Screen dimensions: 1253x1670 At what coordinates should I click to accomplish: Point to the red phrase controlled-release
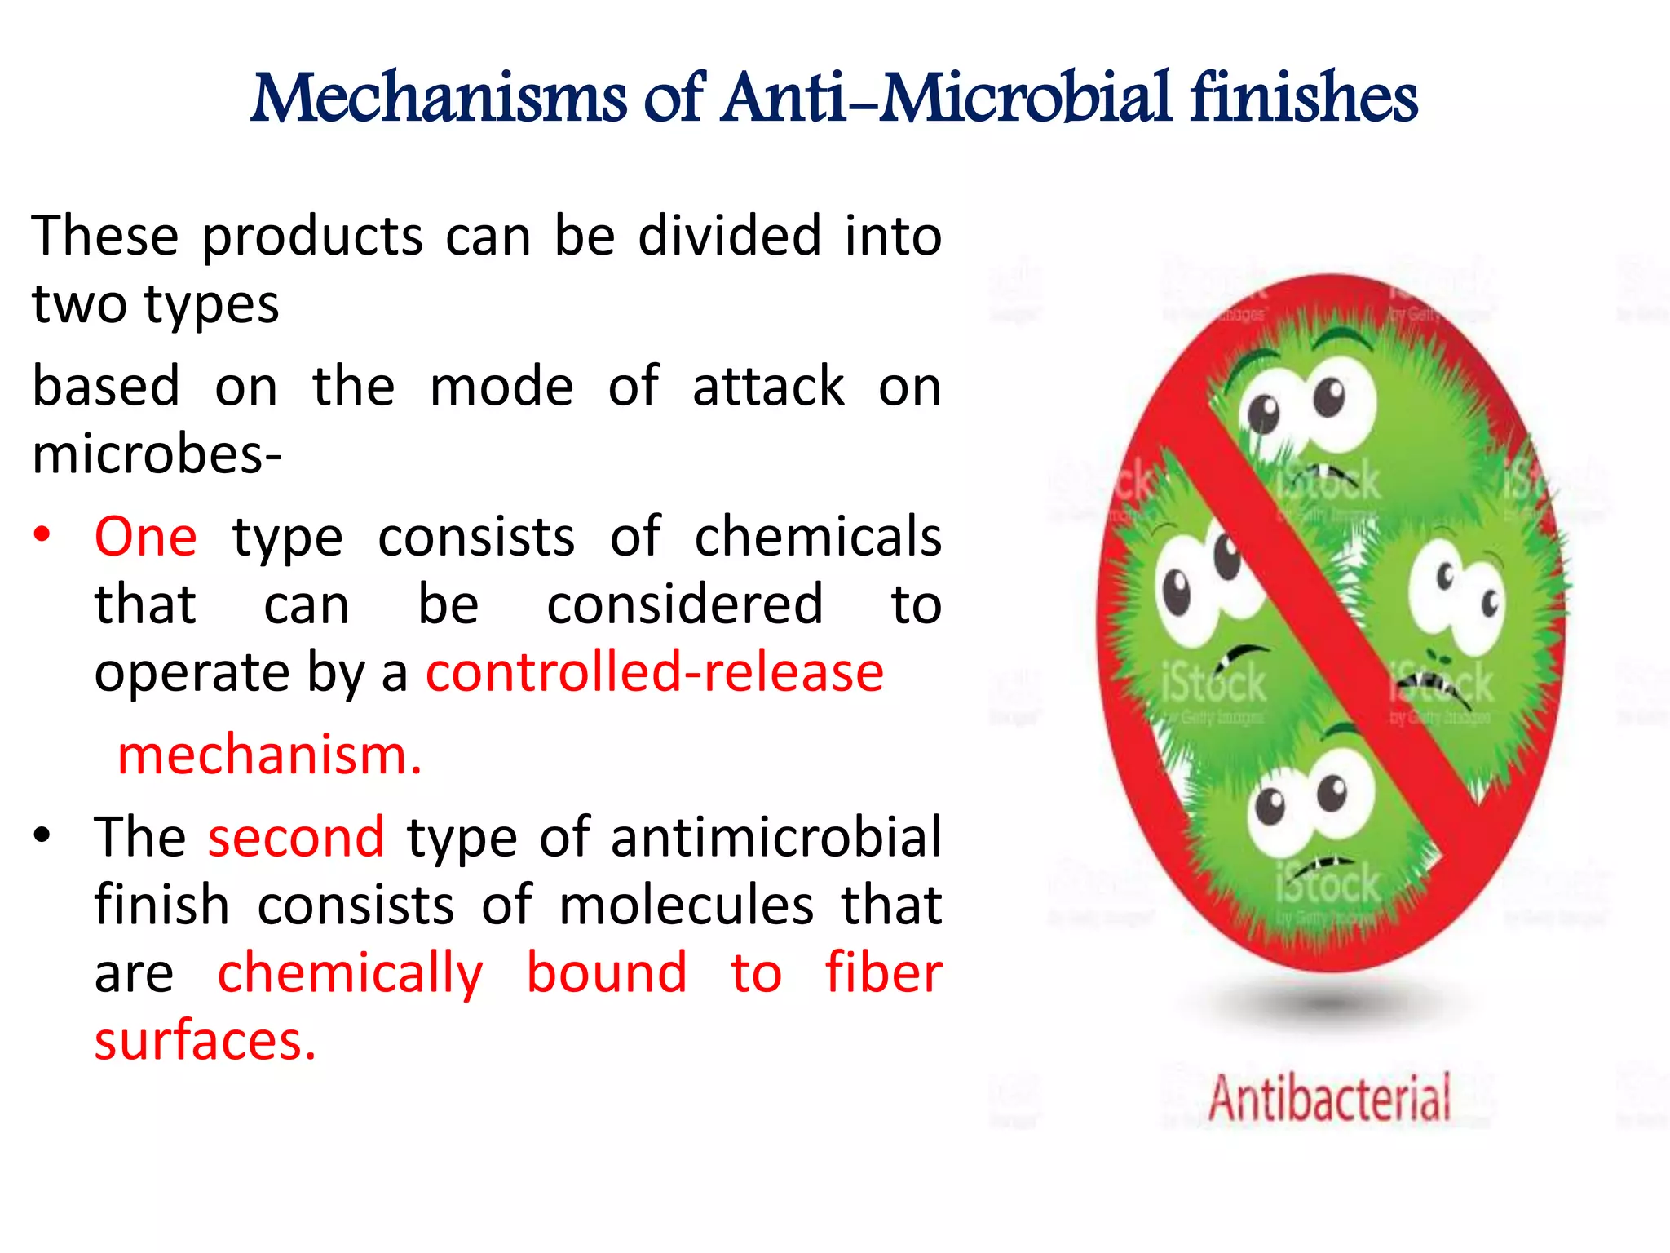tap(655, 672)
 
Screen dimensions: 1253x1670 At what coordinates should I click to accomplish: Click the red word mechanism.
tap(269, 755)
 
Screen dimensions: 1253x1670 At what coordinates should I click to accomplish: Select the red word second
tap(296, 837)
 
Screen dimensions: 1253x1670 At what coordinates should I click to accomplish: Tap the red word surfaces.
tap(205, 1041)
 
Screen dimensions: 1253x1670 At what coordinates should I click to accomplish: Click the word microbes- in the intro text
tap(157, 454)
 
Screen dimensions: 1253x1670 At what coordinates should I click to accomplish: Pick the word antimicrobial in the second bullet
tap(776, 837)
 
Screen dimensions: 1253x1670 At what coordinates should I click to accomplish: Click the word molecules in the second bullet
tap(687, 905)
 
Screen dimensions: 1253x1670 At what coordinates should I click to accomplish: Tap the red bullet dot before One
tap(42, 536)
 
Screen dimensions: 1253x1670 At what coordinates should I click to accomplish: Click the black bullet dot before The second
tap(42, 836)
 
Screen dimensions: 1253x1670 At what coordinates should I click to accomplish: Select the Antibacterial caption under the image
tap(1330, 1098)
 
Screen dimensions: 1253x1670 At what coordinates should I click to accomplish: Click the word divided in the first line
tap(729, 236)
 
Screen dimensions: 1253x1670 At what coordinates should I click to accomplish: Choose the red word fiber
tap(883, 972)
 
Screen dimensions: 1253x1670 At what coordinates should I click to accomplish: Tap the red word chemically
tap(350, 974)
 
